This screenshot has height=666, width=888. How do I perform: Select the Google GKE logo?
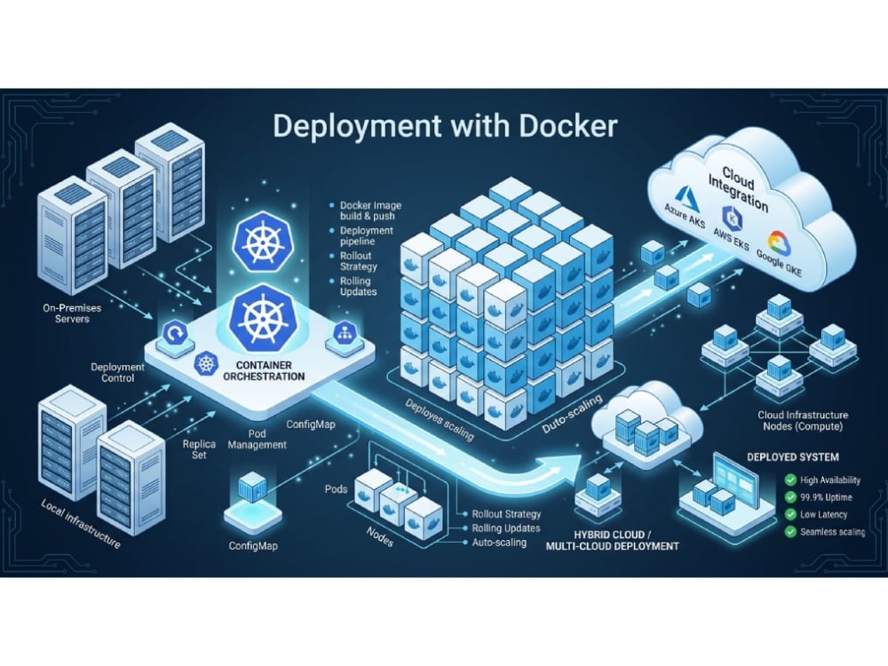[x=778, y=242]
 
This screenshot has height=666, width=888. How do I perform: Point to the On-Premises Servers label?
[x=72, y=313]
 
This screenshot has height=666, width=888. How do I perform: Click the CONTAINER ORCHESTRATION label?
[x=264, y=370]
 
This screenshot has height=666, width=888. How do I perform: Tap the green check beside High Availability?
[x=790, y=480]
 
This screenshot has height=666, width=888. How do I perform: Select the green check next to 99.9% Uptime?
[x=790, y=497]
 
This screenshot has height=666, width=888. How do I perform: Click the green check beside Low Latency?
[x=790, y=515]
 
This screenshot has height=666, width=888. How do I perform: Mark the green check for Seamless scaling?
[x=790, y=532]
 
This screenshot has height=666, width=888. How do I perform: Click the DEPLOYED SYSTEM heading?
[x=793, y=457]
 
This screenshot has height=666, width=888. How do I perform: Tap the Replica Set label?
[x=199, y=449]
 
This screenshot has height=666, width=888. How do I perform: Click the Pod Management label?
[x=258, y=440]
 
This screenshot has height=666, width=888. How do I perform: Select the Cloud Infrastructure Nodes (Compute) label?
[x=803, y=421]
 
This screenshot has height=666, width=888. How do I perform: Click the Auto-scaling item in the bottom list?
[x=499, y=543]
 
